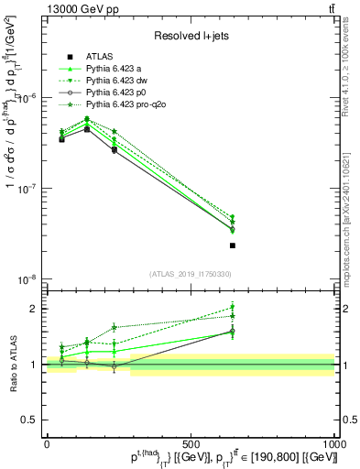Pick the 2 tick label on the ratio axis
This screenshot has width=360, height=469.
coord(34,309)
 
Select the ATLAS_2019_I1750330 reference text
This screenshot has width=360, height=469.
coord(190,274)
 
